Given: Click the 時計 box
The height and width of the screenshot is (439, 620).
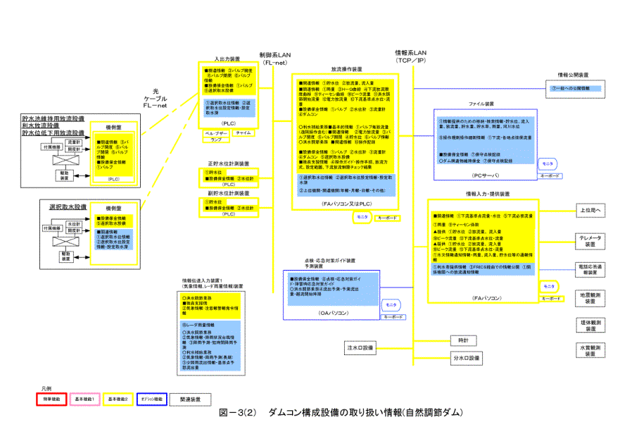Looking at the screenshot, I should (462, 341).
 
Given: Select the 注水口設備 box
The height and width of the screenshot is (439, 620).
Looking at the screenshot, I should (360, 348).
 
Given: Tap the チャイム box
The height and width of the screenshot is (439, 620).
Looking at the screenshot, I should (243, 132).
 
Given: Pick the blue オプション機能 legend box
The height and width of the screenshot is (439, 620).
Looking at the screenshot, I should (151, 399).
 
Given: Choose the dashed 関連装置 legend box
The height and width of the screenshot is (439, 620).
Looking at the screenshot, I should (185, 399).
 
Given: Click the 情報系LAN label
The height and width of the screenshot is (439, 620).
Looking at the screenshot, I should (412, 56).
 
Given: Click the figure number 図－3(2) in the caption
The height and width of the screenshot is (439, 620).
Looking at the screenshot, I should (237, 412).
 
